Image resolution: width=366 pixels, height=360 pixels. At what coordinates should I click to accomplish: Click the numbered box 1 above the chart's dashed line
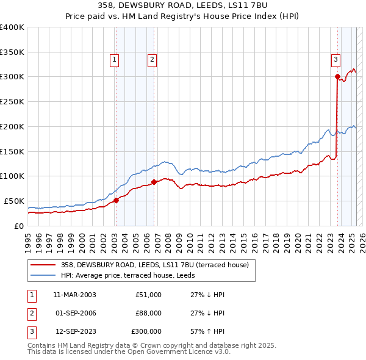point(115,59)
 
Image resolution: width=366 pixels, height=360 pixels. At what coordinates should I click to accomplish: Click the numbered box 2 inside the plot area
point(151,59)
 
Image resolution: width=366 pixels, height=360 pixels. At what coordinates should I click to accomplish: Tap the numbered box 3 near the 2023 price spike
point(336,59)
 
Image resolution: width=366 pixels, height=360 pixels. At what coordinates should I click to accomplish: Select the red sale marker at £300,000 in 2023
point(337,76)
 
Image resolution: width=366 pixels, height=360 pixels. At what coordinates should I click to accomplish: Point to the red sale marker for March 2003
point(116,201)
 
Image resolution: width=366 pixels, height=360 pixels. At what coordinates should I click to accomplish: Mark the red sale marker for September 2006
point(154,182)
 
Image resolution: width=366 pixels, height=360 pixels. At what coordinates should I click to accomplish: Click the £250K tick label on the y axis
point(12,102)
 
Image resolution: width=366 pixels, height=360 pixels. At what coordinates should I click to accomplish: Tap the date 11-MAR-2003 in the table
point(74,295)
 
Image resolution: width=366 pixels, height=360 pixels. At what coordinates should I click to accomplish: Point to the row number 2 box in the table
point(32,313)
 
